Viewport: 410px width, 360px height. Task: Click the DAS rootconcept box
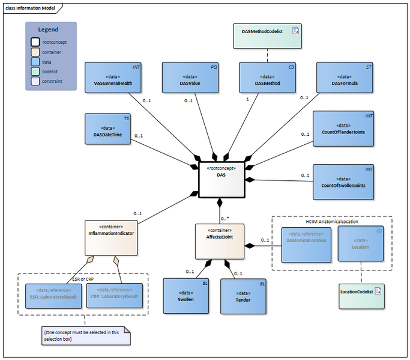click(x=222, y=179)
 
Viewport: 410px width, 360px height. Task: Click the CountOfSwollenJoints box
click(x=344, y=182)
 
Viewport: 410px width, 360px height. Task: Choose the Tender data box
click(x=243, y=296)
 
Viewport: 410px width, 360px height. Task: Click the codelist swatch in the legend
click(x=35, y=70)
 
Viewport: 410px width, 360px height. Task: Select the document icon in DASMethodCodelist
click(x=295, y=30)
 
